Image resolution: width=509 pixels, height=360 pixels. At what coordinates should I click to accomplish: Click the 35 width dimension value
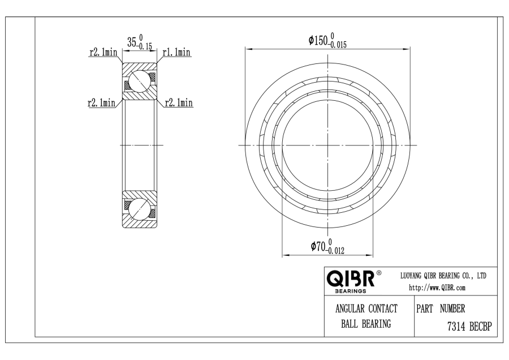[x=131, y=42]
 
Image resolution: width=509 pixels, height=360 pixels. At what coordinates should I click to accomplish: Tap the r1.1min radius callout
[x=176, y=52]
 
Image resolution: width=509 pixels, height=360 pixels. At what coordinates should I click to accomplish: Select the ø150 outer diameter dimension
[x=327, y=40]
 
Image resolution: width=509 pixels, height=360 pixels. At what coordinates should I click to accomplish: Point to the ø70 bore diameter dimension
[x=327, y=246]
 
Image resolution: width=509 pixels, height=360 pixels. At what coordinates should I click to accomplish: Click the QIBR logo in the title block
[x=351, y=278]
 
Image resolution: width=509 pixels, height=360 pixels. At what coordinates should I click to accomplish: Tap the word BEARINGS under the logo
[x=350, y=291]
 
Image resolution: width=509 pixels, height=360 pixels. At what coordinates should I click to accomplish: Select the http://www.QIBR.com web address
[x=437, y=288]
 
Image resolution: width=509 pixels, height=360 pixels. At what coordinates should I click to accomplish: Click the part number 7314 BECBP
[x=470, y=326]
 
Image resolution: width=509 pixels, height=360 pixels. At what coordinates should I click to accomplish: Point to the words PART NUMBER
[x=441, y=308]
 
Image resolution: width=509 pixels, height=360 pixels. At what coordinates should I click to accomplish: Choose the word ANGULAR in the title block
[x=350, y=308]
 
